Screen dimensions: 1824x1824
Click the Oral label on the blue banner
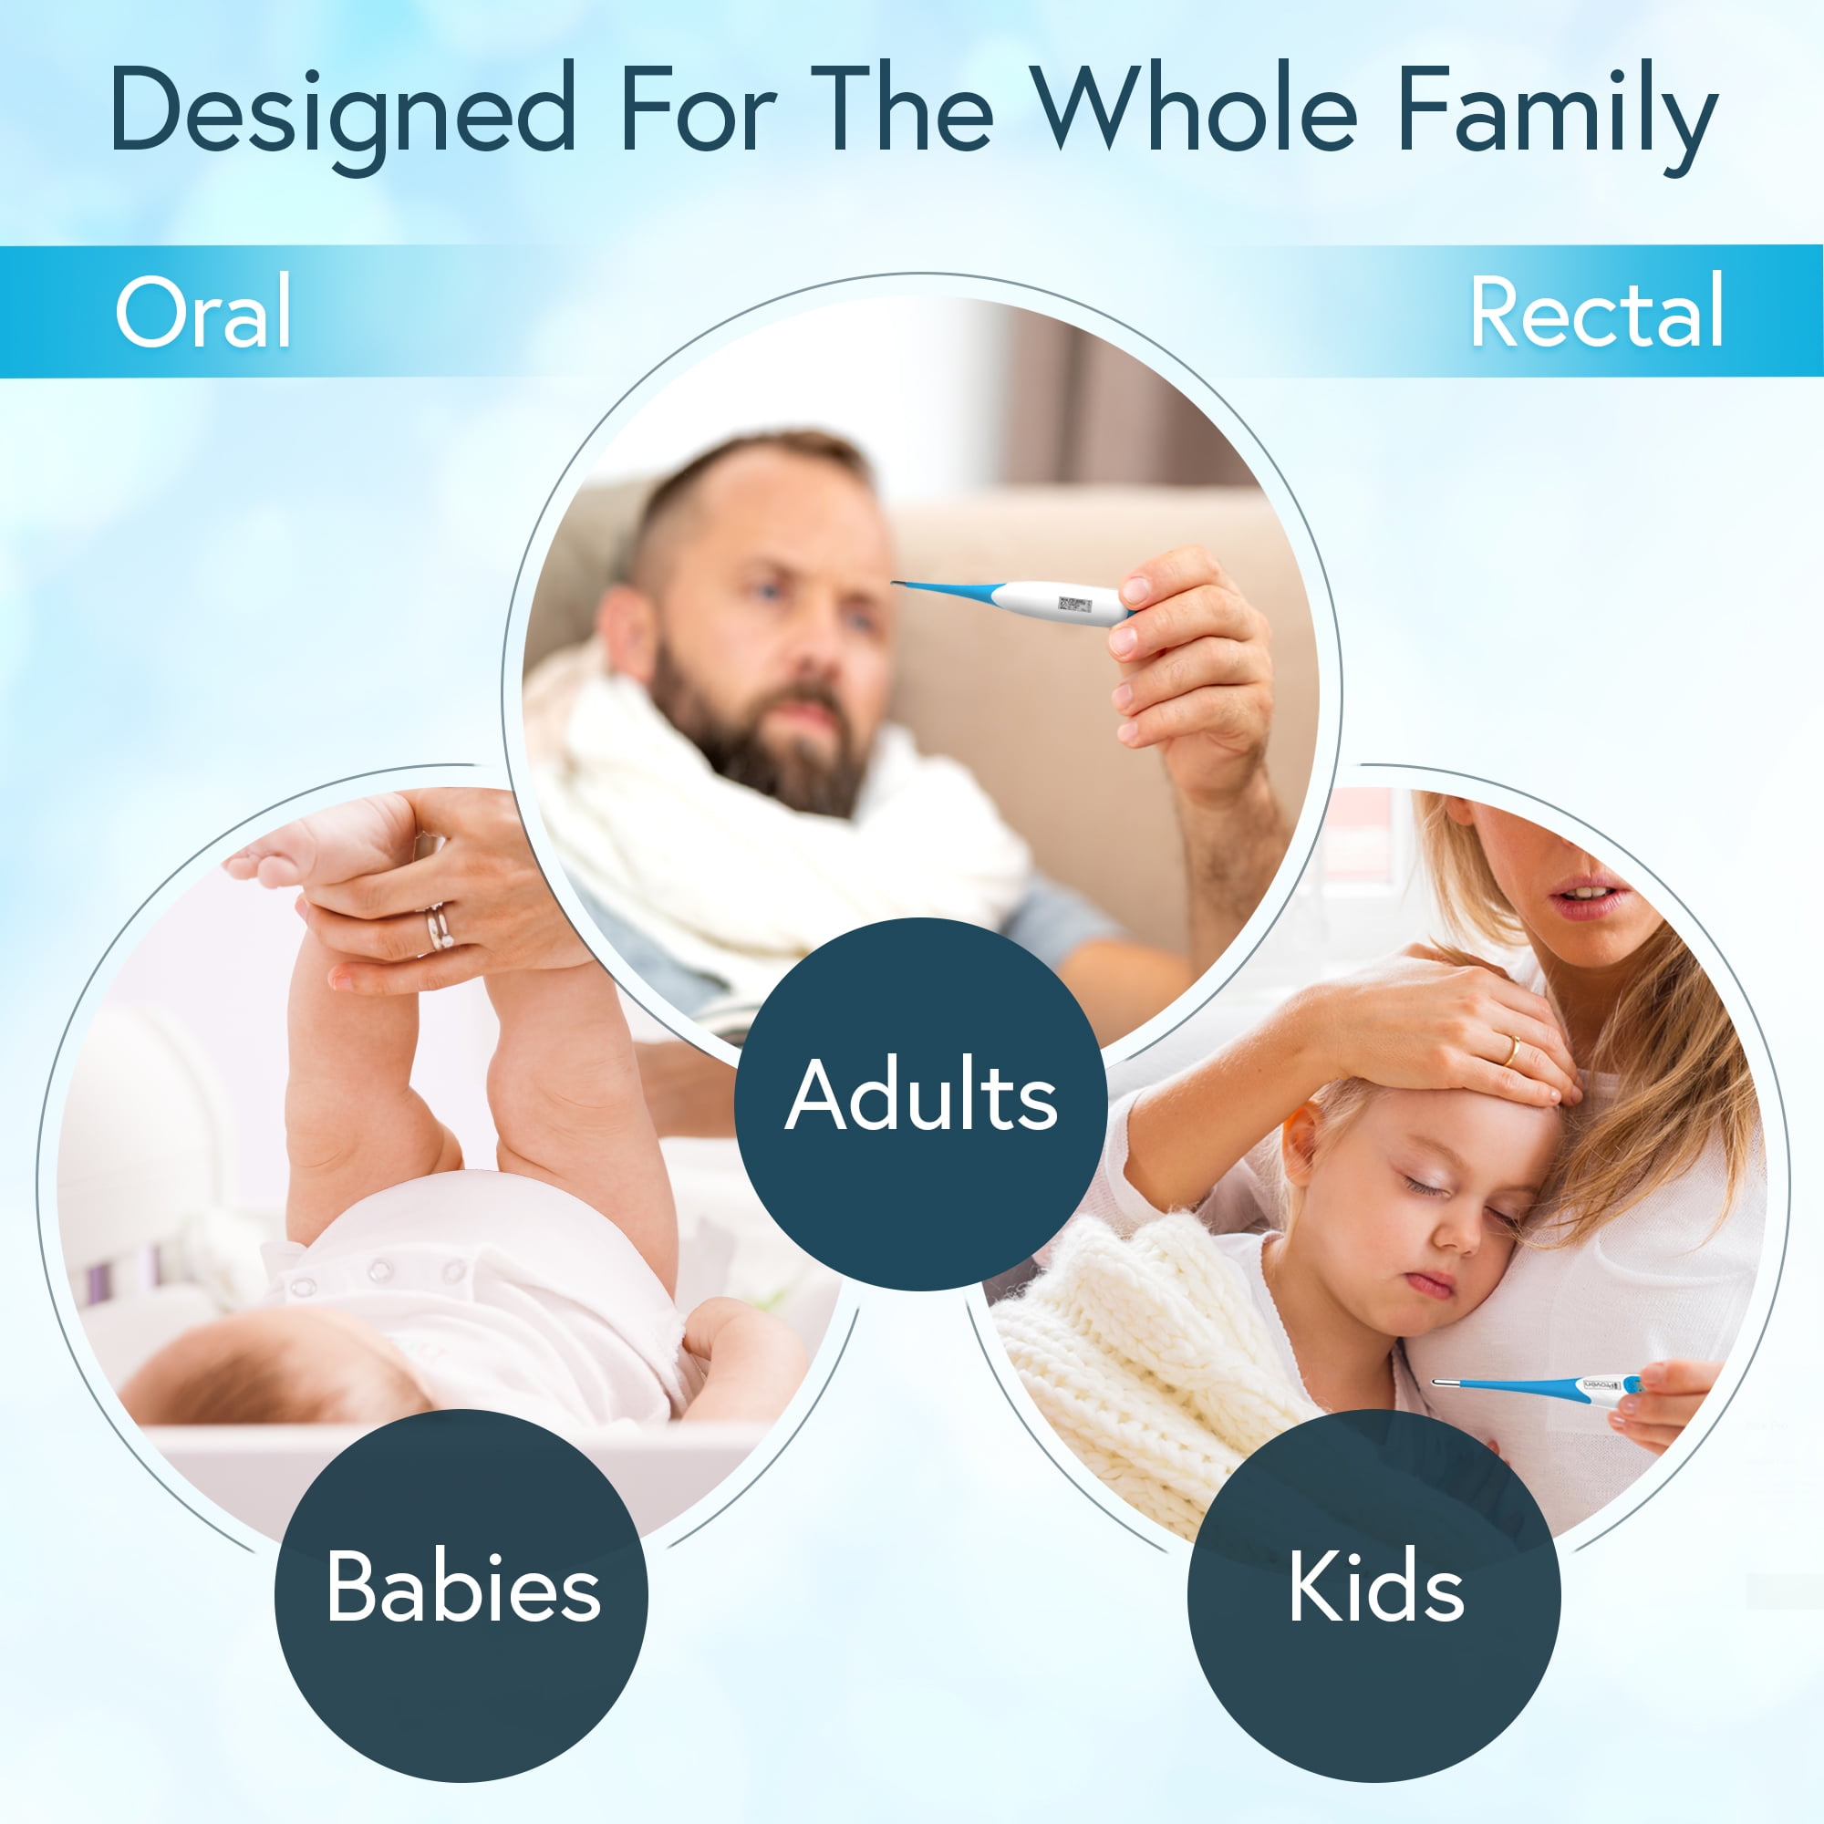[203, 312]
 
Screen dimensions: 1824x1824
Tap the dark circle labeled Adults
[920, 1104]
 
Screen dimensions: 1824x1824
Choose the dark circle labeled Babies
[461, 1595]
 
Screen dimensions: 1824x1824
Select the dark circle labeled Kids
[1374, 1595]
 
